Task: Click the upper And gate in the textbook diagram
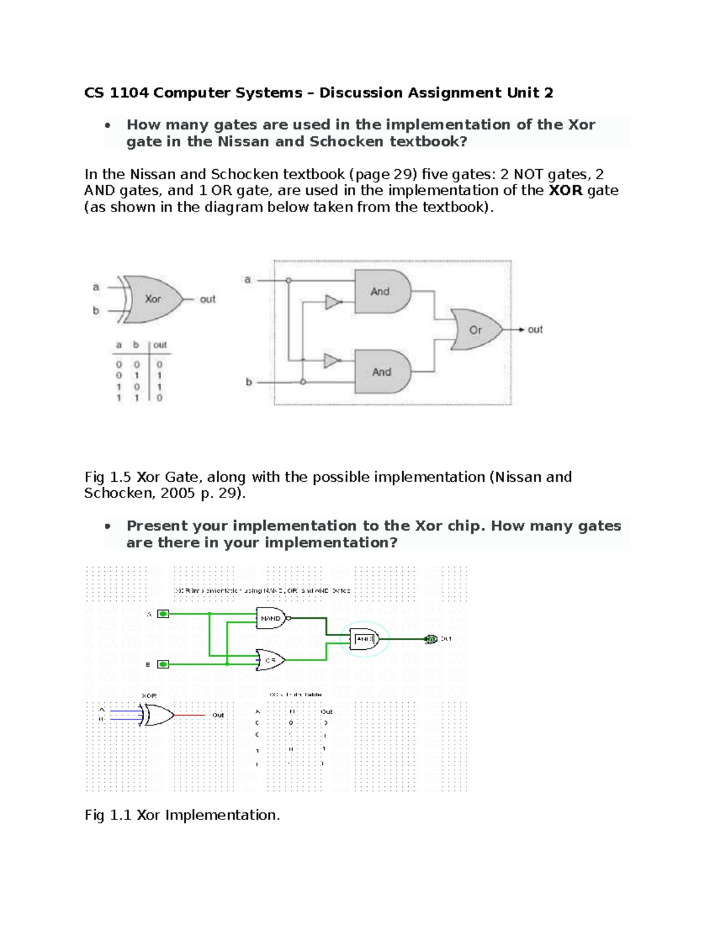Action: click(382, 291)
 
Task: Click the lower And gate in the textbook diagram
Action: click(382, 372)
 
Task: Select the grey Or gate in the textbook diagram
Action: click(475, 329)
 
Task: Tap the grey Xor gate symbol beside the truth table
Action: click(152, 299)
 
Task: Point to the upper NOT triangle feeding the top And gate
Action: click(332, 303)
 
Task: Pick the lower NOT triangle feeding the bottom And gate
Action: click(331, 360)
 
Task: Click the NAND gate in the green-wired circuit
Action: click(271, 618)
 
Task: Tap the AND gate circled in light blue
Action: click(364, 639)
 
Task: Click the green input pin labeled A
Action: click(163, 613)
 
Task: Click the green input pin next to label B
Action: click(163, 664)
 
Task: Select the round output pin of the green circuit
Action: click(431, 639)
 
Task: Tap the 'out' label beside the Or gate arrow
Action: click(535, 329)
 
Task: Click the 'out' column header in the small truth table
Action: click(160, 345)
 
